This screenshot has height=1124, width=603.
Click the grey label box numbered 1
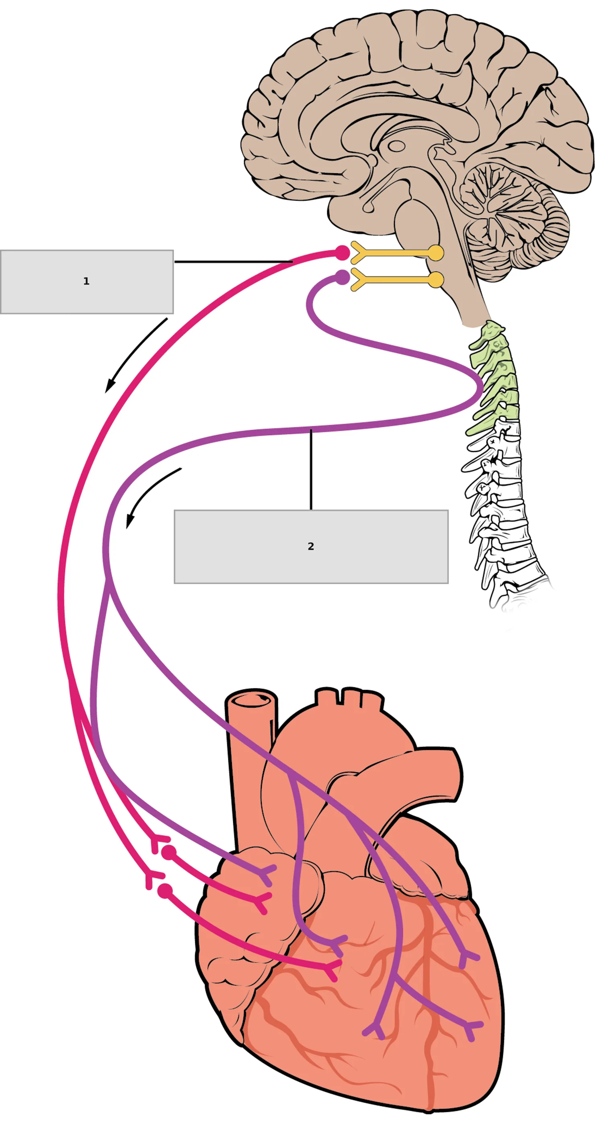click(87, 282)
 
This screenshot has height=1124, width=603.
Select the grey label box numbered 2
click(311, 546)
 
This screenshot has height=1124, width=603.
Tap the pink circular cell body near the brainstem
click(343, 253)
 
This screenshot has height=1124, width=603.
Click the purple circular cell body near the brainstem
click(343, 277)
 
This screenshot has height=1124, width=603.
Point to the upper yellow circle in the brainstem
click(435, 253)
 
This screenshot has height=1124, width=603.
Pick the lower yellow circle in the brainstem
click(435, 280)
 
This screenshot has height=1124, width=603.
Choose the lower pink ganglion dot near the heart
click(165, 891)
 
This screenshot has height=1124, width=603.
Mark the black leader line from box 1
click(234, 262)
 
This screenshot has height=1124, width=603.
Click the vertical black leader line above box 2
click(311, 470)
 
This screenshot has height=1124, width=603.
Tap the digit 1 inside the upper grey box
click(86, 282)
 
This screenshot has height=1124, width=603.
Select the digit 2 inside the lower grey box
click(311, 546)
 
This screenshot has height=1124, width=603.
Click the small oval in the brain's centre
click(396, 146)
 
